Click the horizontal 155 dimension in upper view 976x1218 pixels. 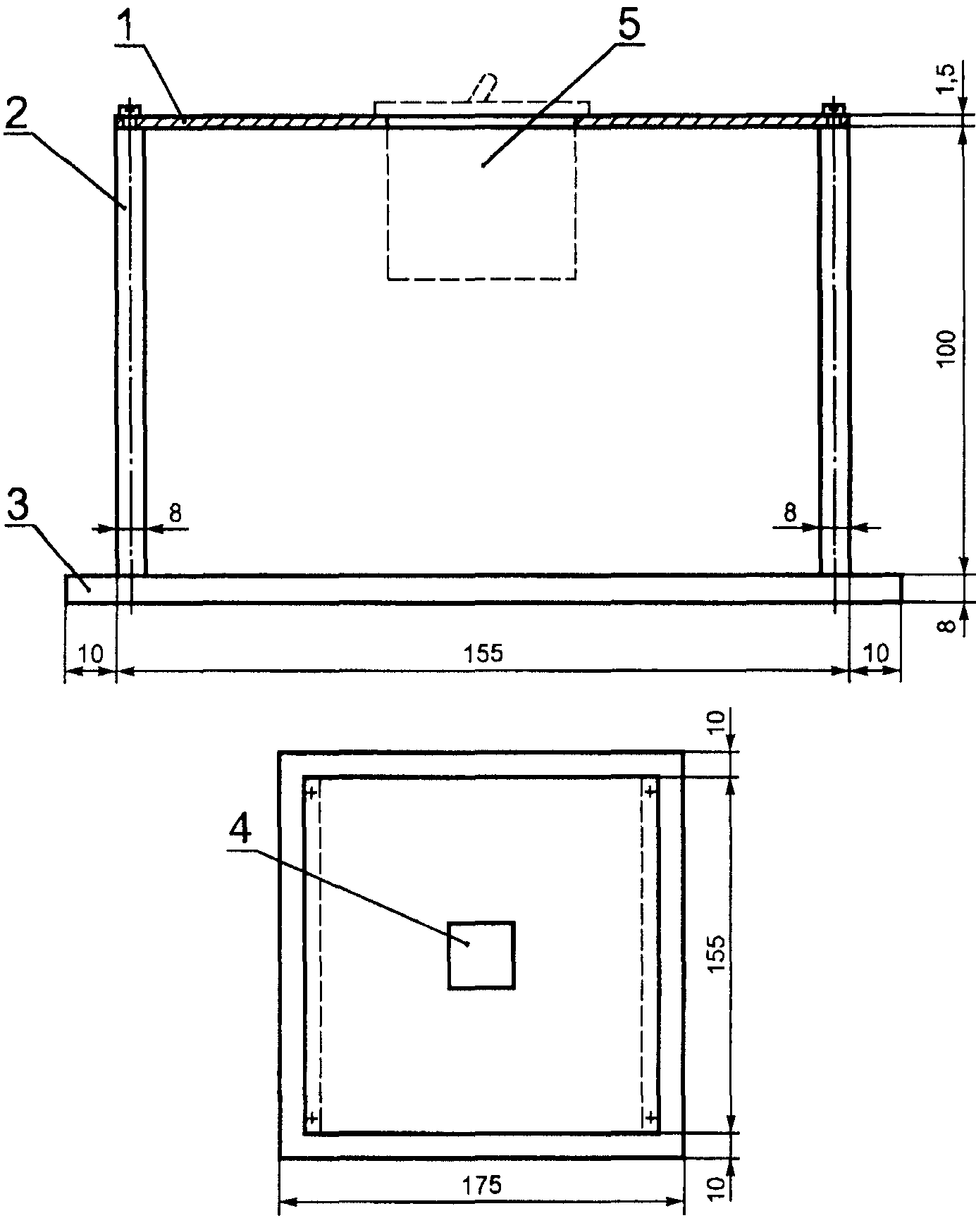pyautogui.click(x=484, y=653)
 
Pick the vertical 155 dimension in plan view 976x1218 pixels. pyautogui.click(x=716, y=954)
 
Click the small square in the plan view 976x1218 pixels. pyautogui.click(x=481, y=955)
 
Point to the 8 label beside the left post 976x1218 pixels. pyautogui.click(x=174, y=514)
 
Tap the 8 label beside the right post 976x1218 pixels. pyautogui.click(x=790, y=514)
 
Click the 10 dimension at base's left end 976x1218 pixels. pyautogui.click(x=90, y=653)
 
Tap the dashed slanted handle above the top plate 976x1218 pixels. pyautogui.click(x=483, y=88)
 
